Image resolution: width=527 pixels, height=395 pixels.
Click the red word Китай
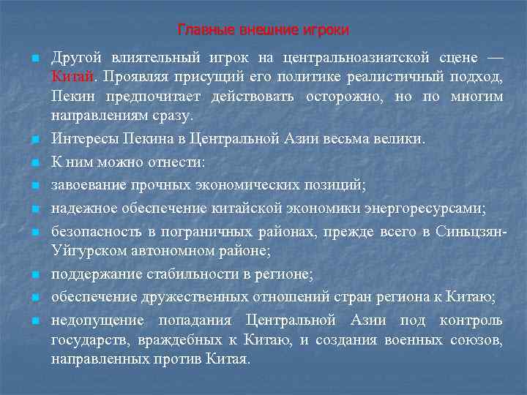pyautogui.click(x=72, y=77)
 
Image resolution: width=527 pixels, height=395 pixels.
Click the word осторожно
pyautogui.click(x=342, y=96)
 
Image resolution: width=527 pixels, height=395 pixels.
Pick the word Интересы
pyautogui.click(x=83, y=138)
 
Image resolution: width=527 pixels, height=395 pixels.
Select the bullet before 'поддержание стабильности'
pyautogui.click(x=34, y=275)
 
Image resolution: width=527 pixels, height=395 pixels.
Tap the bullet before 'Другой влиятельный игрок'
pyautogui.click(x=34, y=59)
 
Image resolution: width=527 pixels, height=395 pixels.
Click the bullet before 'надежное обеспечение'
pyautogui.click(x=34, y=208)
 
